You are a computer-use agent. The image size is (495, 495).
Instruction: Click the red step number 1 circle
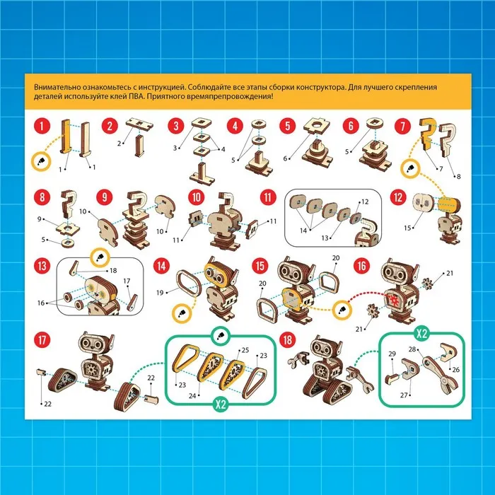[x=42, y=126]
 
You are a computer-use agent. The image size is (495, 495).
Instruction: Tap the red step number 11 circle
[x=268, y=197]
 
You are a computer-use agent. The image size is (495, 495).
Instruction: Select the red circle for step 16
[x=362, y=266]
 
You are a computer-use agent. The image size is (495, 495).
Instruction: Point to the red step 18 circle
[x=288, y=340]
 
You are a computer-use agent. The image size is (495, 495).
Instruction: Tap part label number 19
[x=160, y=293]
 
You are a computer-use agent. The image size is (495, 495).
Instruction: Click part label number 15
[x=407, y=228]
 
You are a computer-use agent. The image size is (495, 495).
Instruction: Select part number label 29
[x=392, y=354]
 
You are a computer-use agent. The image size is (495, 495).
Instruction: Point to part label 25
[x=245, y=350]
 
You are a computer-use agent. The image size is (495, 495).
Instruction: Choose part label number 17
[x=127, y=281]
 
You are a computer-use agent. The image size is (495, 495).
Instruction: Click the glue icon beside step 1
[x=41, y=162]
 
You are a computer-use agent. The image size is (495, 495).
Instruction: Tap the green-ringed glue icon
[x=221, y=337]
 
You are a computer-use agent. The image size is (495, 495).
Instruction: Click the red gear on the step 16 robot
[x=394, y=299]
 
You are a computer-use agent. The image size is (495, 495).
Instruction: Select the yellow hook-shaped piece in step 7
[x=427, y=134]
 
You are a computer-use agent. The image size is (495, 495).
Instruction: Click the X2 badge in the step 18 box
[x=421, y=333]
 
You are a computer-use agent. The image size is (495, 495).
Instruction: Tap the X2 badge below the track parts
[x=221, y=404]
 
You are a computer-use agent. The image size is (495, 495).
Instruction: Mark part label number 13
[x=325, y=238]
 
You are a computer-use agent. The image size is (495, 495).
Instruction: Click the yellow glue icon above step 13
[x=100, y=257]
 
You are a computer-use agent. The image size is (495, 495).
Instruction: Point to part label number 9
[x=39, y=219]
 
